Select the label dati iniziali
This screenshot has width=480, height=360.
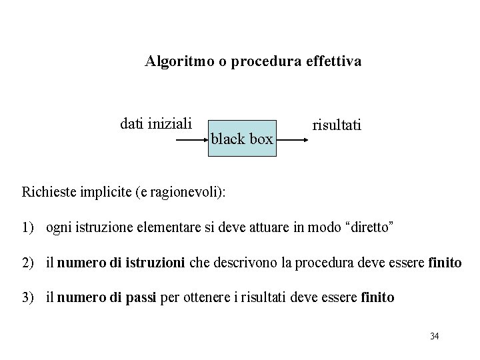click(x=156, y=123)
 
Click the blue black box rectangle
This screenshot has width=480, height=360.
click(x=242, y=138)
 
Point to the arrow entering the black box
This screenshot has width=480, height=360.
click(x=191, y=141)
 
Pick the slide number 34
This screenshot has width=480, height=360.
click(x=434, y=336)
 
